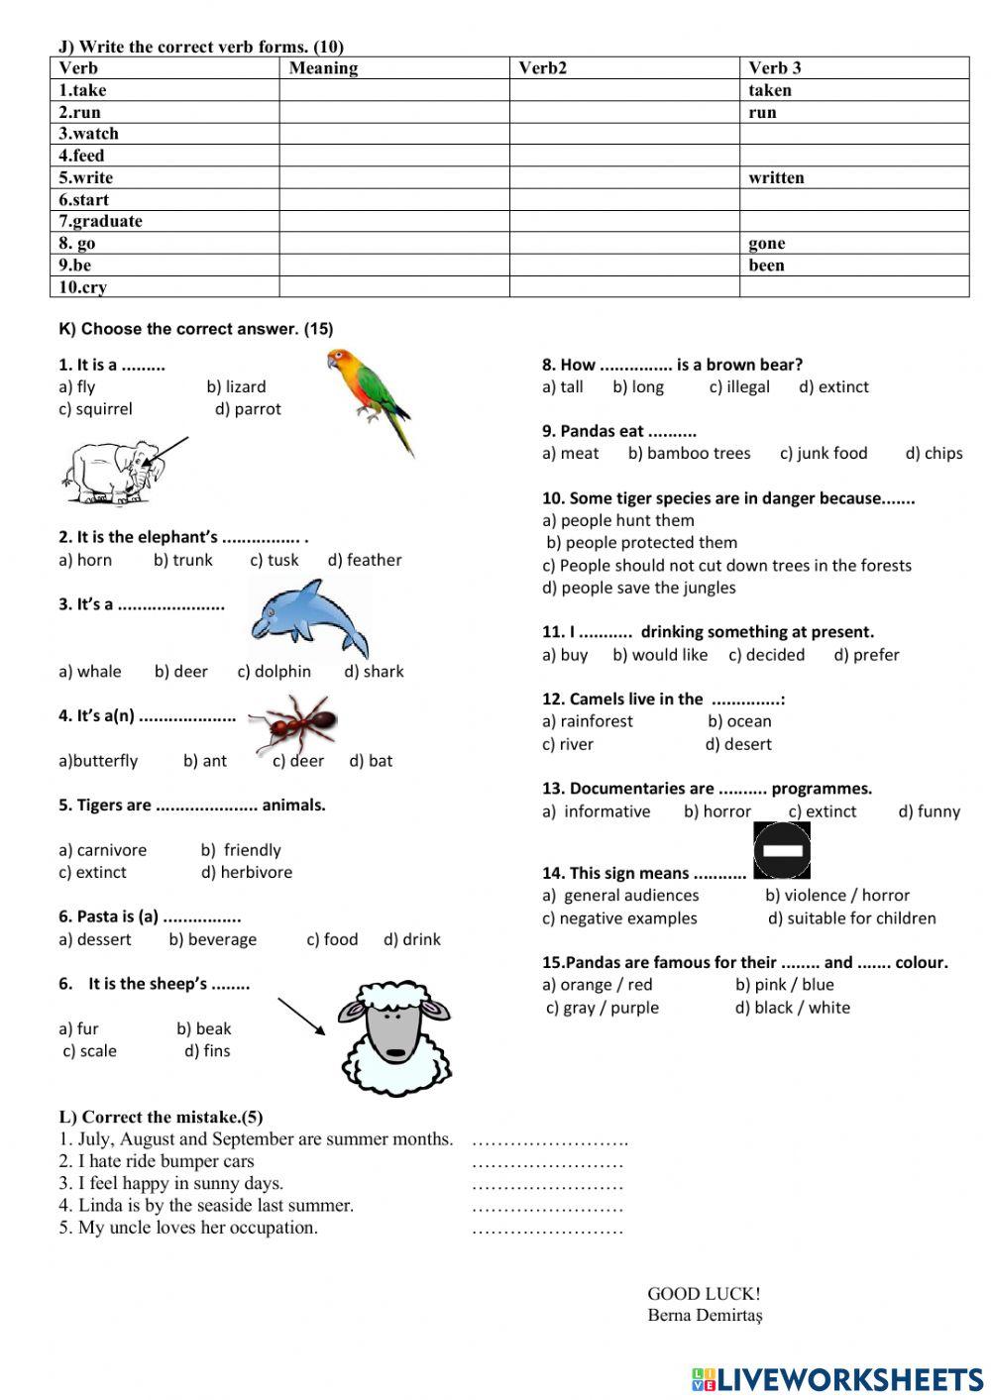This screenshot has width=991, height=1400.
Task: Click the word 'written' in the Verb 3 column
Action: [776, 177]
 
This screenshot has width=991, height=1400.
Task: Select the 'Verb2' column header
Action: [543, 68]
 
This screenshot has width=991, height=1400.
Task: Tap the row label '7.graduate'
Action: [100, 221]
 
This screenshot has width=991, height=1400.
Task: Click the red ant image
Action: [294, 723]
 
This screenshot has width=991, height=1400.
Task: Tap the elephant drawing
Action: [111, 471]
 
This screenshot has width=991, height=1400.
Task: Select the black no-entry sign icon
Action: [782, 850]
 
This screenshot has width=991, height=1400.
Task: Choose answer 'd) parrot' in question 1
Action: [248, 409]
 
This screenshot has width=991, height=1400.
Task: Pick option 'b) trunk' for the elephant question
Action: [183, 560]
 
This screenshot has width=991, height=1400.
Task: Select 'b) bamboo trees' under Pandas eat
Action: [689, 453]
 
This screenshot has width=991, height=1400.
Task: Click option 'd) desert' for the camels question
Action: [738, 744]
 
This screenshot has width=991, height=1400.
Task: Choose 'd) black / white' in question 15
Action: [792, 1008]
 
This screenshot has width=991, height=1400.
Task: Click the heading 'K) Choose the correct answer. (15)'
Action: [196, 329]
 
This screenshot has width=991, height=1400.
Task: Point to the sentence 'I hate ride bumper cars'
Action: [157, 1161]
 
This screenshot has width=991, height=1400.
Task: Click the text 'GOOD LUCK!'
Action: [704, 1293]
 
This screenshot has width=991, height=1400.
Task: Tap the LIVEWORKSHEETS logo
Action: [837, 1379]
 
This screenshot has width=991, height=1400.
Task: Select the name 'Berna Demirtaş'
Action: [705, 1316]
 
